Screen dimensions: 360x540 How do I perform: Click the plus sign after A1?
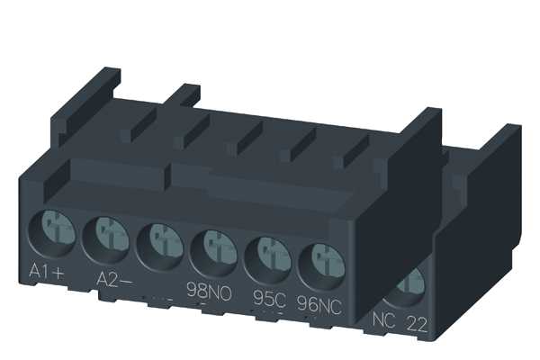(x=66, y=271)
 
